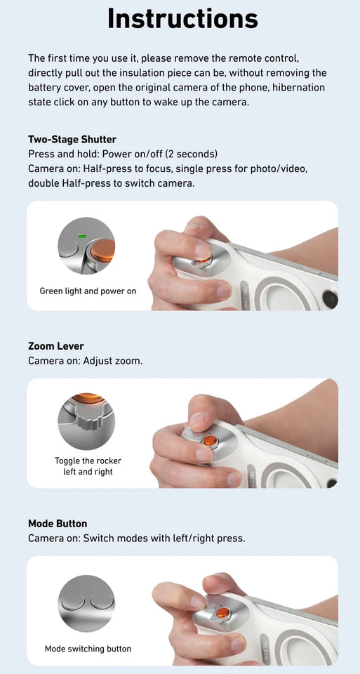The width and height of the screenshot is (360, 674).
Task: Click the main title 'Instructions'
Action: click(182, 19)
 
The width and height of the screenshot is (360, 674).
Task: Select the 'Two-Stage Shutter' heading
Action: click(72, 139)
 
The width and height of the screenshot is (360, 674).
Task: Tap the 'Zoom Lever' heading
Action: click(56, 346)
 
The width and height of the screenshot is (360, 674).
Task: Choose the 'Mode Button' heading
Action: click(58, 524)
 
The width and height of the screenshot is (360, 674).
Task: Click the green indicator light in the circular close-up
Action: click(82, 237)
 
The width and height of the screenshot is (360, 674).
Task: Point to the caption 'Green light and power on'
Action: click(88, 291)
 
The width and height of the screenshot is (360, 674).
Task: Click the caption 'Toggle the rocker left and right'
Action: click(88, 466)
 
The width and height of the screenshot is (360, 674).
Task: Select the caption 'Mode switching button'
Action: click(88, 649)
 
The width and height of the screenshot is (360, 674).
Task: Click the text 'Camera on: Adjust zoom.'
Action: click(84, 361)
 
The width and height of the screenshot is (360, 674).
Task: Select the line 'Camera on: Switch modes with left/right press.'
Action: click(136, 538)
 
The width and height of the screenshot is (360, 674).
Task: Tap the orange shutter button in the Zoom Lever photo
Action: click(209, 441)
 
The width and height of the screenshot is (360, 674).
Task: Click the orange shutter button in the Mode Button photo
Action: click(222, 613)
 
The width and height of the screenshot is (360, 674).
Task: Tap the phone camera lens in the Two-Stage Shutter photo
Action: click(330, 299)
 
